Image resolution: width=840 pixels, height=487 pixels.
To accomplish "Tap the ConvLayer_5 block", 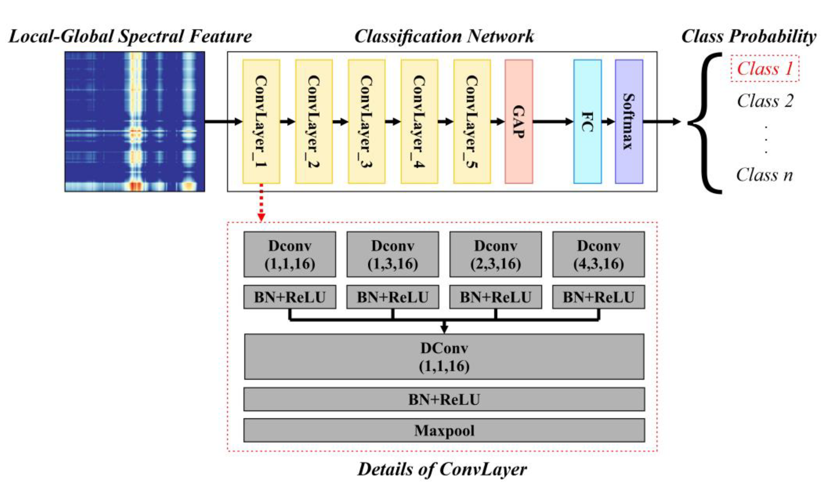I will point(472,122).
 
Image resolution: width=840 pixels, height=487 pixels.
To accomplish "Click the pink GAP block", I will point(519,122).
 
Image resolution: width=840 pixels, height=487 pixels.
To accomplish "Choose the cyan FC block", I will point(587,122).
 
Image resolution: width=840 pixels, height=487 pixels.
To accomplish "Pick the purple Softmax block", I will point(629,122).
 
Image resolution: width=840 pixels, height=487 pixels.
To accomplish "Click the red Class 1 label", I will point(765,69).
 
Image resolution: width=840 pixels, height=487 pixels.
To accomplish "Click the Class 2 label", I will point(765,101).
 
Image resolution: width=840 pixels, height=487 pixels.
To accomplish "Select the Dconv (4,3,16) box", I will point(598,254).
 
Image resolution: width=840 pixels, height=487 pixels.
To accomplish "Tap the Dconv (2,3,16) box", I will point(495,254).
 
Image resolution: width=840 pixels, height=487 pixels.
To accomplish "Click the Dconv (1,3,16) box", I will point(393,254).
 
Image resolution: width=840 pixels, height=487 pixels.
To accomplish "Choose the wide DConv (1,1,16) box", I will point(444,357).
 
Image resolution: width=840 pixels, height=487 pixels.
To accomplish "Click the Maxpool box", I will point(444,430).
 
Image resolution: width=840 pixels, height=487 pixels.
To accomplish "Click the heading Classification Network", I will point(444,36).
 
